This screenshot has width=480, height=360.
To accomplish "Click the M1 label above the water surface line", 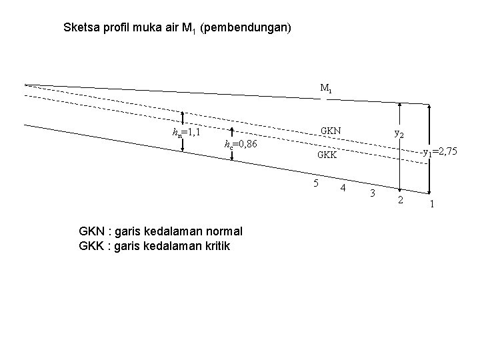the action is [326, 88].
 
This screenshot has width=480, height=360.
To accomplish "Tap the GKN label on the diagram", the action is [331, 130].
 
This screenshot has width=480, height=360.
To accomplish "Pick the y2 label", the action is [399, 133].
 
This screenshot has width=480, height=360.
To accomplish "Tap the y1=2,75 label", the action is [440, 152].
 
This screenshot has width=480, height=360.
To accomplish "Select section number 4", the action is [343, 188].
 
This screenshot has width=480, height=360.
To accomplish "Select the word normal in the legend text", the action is [224, 231].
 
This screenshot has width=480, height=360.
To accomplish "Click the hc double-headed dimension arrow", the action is [231, 145].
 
